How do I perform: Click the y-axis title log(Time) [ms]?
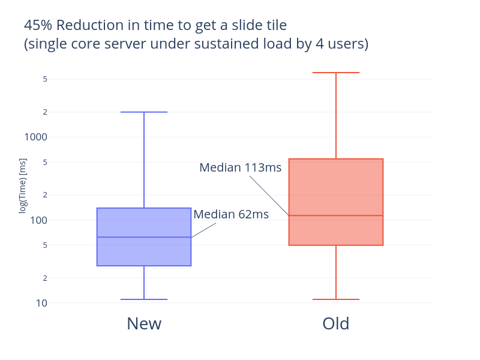tap(23, 185)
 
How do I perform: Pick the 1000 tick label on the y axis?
tap(35, 137)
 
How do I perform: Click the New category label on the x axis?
tap(144, 324)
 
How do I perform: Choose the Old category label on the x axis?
tap(336, 324)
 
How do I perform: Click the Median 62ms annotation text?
tap(231, 214)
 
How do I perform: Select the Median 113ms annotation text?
tap(240, 168)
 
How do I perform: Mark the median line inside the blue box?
tap(144, 237)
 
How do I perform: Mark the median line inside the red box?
tap(336, 215)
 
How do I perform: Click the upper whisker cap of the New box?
tap(144, 112)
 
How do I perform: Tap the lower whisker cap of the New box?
tap(144, 299)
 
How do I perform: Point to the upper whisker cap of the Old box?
tap(336, 73)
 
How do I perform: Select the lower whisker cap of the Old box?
tap(336, 299)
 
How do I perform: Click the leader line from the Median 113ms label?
tap(269, 195)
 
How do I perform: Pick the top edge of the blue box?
tap(144, 208)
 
